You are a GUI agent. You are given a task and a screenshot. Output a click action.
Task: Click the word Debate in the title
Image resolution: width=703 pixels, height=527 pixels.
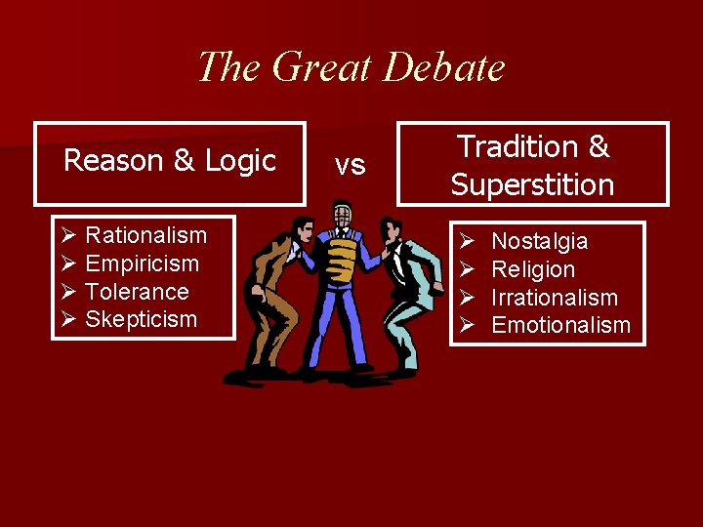click(x=444, y=67)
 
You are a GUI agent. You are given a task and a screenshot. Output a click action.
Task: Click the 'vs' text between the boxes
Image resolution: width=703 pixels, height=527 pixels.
click(x=351, y=165)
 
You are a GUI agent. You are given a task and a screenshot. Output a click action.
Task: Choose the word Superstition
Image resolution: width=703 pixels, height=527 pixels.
click(x=532, y=184)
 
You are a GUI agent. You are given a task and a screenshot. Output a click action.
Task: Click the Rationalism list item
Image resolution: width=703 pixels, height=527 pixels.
click(x=146, y=235)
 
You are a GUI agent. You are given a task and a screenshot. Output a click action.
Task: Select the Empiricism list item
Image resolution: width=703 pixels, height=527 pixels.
click(x=143, y=263)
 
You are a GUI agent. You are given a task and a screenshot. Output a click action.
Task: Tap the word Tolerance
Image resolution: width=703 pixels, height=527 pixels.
click(x=138, y=292)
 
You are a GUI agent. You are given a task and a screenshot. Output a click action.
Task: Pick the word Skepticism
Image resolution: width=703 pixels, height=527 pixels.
click(x=142, y=319)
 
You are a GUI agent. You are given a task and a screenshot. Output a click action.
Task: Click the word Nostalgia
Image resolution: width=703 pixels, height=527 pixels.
click(x=540, y=241)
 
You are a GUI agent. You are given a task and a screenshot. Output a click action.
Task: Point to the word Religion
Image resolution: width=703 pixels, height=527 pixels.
click(x=533, y=269)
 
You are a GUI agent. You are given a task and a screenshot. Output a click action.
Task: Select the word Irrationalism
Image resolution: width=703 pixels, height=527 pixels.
click(x=555, y=298)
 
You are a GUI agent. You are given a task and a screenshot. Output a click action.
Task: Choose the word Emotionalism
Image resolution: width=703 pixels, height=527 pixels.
click(x=561, y=325)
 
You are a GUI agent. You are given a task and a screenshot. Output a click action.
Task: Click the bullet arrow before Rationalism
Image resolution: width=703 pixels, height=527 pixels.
click(x=67, y=236)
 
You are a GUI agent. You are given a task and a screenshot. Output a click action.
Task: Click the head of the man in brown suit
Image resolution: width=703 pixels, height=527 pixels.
click(x=304, y=231)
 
